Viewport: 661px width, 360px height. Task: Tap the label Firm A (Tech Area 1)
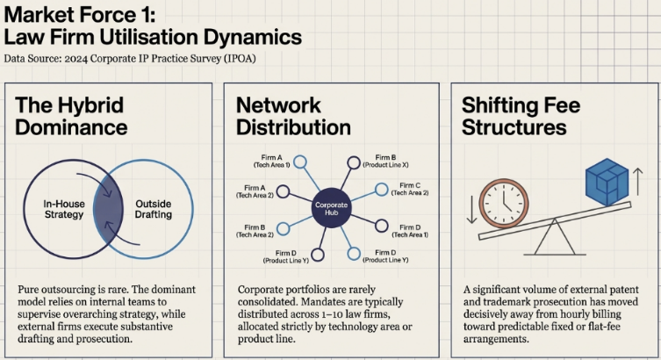[260, 162]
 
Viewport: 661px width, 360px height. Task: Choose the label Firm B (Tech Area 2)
[255, 230]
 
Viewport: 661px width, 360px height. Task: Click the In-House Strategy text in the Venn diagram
[63, 208]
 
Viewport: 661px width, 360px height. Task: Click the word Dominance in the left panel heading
[70, 127]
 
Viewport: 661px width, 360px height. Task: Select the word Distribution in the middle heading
[293, 127]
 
